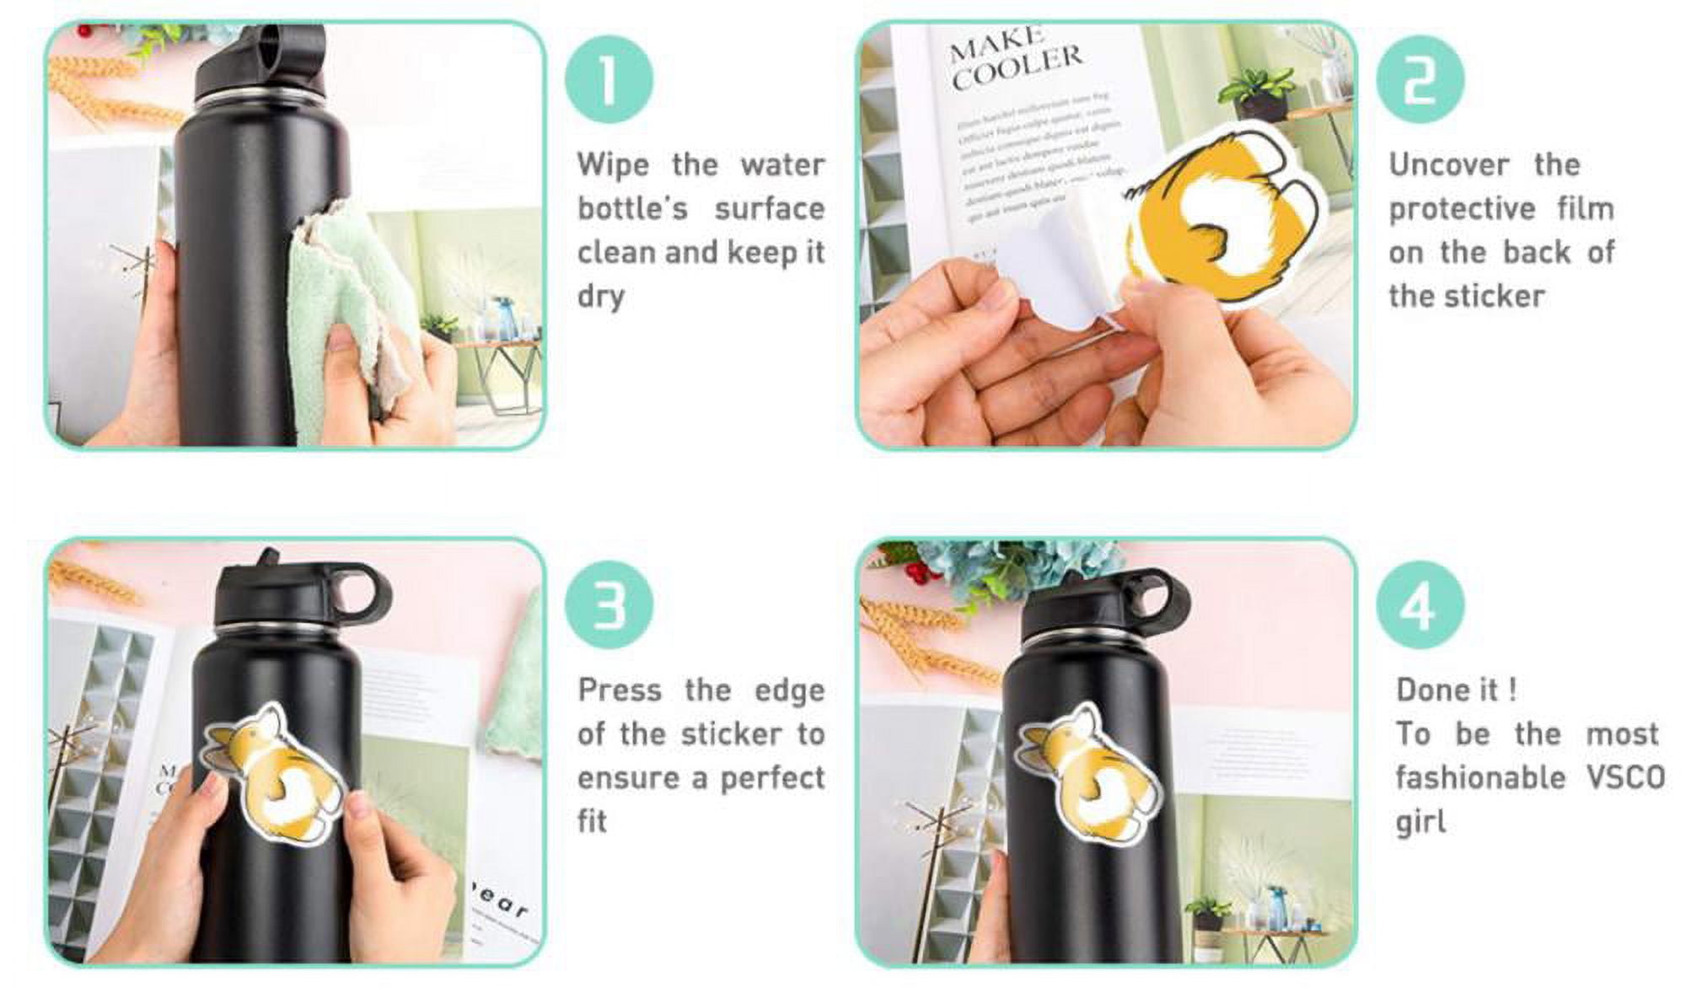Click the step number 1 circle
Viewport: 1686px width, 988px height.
(609, 79)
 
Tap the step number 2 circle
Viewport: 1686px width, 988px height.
(1420, 79)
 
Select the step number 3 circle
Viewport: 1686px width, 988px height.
(609, 604)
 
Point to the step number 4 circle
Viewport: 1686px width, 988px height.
(1420, 604)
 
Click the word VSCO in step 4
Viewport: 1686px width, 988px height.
(1624, 777)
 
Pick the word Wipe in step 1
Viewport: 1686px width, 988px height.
(613, 165)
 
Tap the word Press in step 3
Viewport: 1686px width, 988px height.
(619, 691)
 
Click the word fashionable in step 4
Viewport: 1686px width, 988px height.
(1479, 777)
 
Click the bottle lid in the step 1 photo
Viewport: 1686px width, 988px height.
(261, 63)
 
